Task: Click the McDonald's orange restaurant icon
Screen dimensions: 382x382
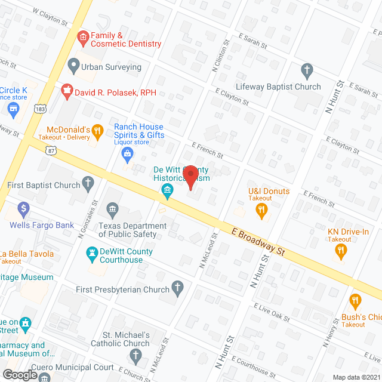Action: (x=99, y=130)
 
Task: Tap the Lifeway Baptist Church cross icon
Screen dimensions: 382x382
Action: (x=307, y=71)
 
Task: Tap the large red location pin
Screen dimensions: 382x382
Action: (x=191, y=177)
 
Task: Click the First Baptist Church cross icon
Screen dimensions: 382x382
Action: (x=88, y=184)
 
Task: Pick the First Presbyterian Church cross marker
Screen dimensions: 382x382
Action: (x=177, y=289)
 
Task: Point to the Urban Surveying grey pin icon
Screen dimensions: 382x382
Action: (x=73, y=64)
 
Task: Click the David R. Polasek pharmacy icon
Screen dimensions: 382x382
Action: (x=67, y=91)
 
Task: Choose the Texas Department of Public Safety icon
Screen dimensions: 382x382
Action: (x=112, y=210)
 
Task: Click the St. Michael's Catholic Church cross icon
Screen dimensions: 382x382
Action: (x=135, y=358)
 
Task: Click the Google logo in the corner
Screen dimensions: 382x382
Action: (x=20, y=374)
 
